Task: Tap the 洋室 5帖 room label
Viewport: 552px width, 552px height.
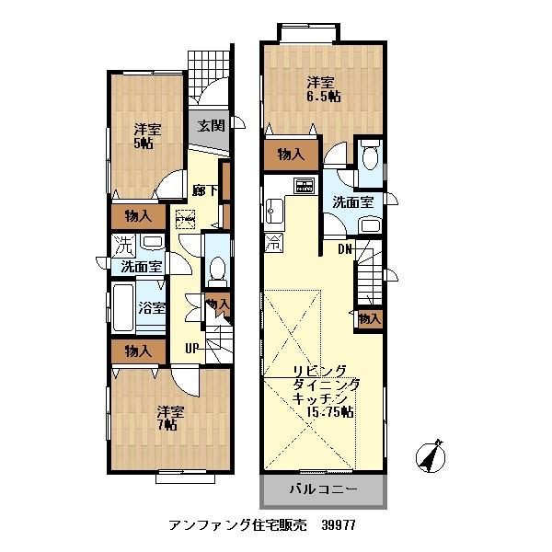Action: click(142, 136)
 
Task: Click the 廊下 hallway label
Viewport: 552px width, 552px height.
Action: click(205, 190)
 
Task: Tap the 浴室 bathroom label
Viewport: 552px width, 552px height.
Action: click(153, 308)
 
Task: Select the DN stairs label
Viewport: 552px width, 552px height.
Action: click(344, 248)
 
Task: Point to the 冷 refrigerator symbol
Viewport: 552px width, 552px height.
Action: click(274, 244)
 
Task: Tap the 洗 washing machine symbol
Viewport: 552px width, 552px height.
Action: click(122, 246)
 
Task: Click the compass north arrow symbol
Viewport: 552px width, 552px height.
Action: click(431, 455)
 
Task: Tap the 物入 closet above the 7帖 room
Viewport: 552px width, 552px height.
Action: click(138, 351)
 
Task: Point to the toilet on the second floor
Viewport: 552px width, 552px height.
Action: click(369, 158)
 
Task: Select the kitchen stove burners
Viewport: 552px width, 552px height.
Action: click(304, 185)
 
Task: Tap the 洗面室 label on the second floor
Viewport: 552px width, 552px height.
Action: click(353, 202)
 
